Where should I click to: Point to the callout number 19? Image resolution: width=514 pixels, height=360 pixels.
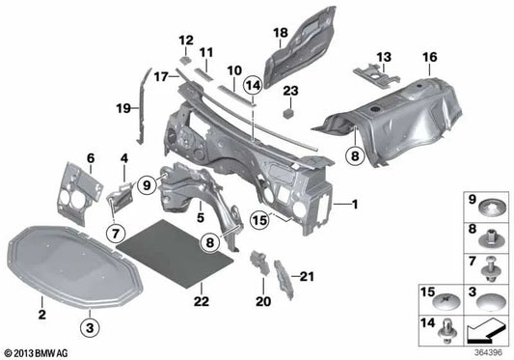click(x=123, y=108)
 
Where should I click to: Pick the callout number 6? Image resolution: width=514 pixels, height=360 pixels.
click(x=92, y=157)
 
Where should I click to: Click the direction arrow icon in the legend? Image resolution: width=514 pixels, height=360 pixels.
click(x=488, y=334)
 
